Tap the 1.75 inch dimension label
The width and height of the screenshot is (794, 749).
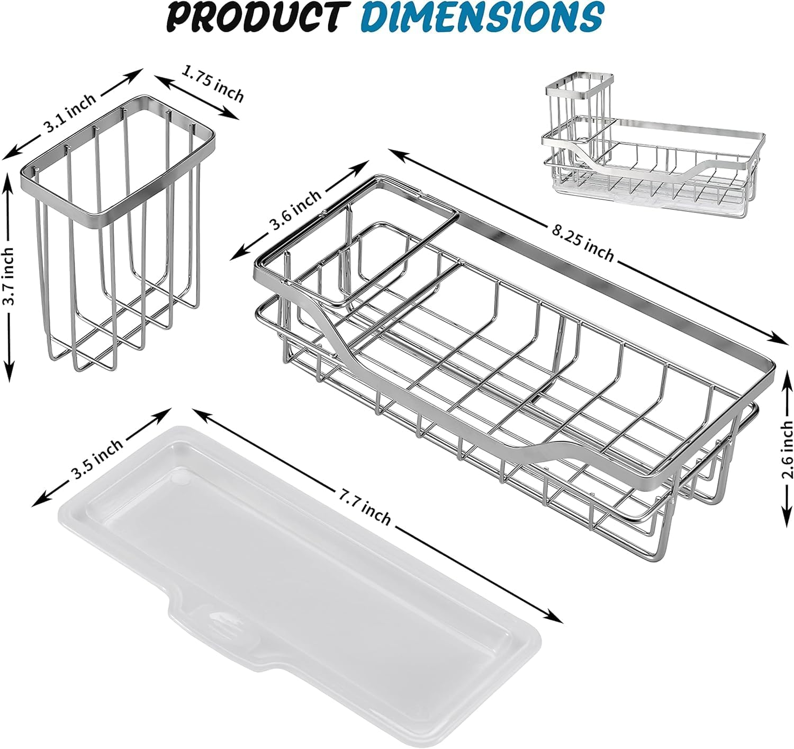[x=212, y=84]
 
